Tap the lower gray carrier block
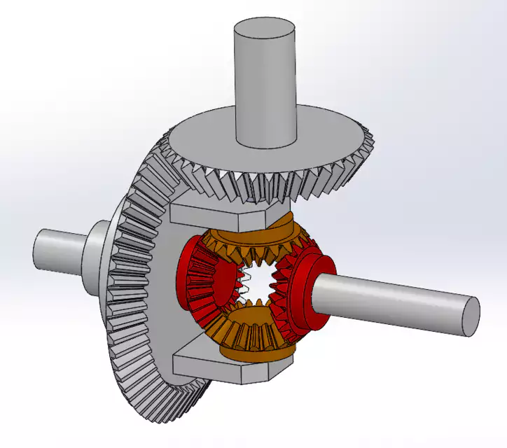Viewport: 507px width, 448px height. pyautogui.click(x=210, y=364)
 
